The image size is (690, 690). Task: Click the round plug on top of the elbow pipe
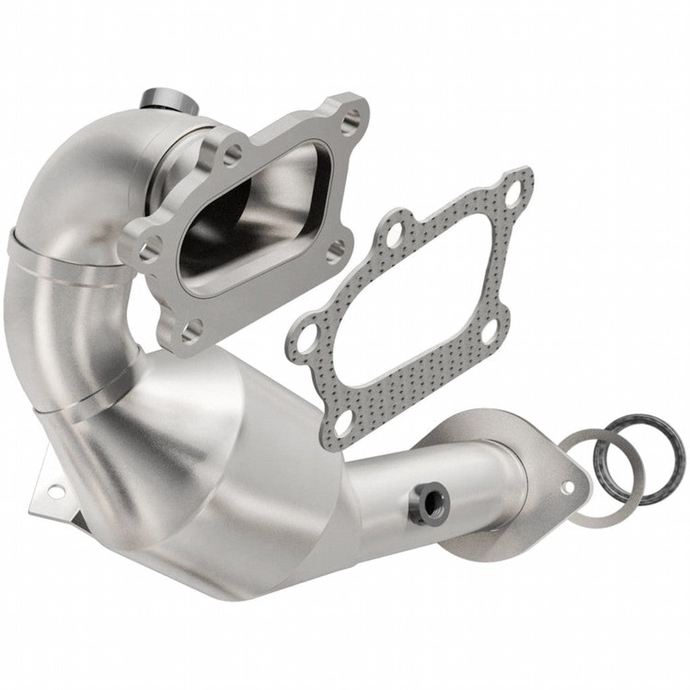(x=166, y=100)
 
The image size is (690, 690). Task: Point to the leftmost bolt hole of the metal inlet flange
(x=150, y=250)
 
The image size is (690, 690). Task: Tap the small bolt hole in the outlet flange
(x=568, y=485)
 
